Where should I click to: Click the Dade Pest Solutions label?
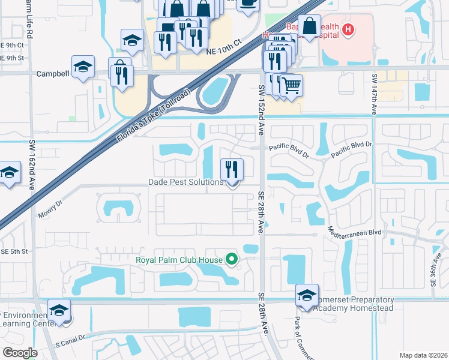(185, 182)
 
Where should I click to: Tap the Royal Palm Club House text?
(179, 260)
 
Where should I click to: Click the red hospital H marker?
(347, 28)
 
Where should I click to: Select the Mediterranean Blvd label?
(354, 230)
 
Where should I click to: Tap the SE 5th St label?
(14, 251)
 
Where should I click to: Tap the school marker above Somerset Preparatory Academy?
(307, 295)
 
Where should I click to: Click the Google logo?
(20, 353)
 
